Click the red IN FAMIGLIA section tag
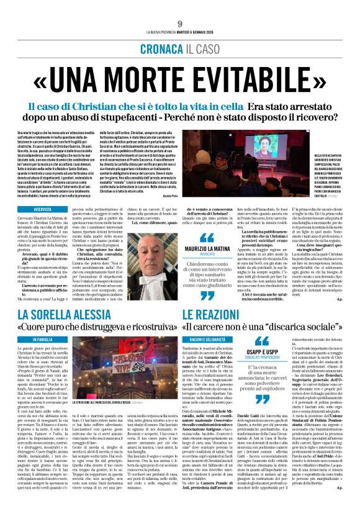click(43, 340)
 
